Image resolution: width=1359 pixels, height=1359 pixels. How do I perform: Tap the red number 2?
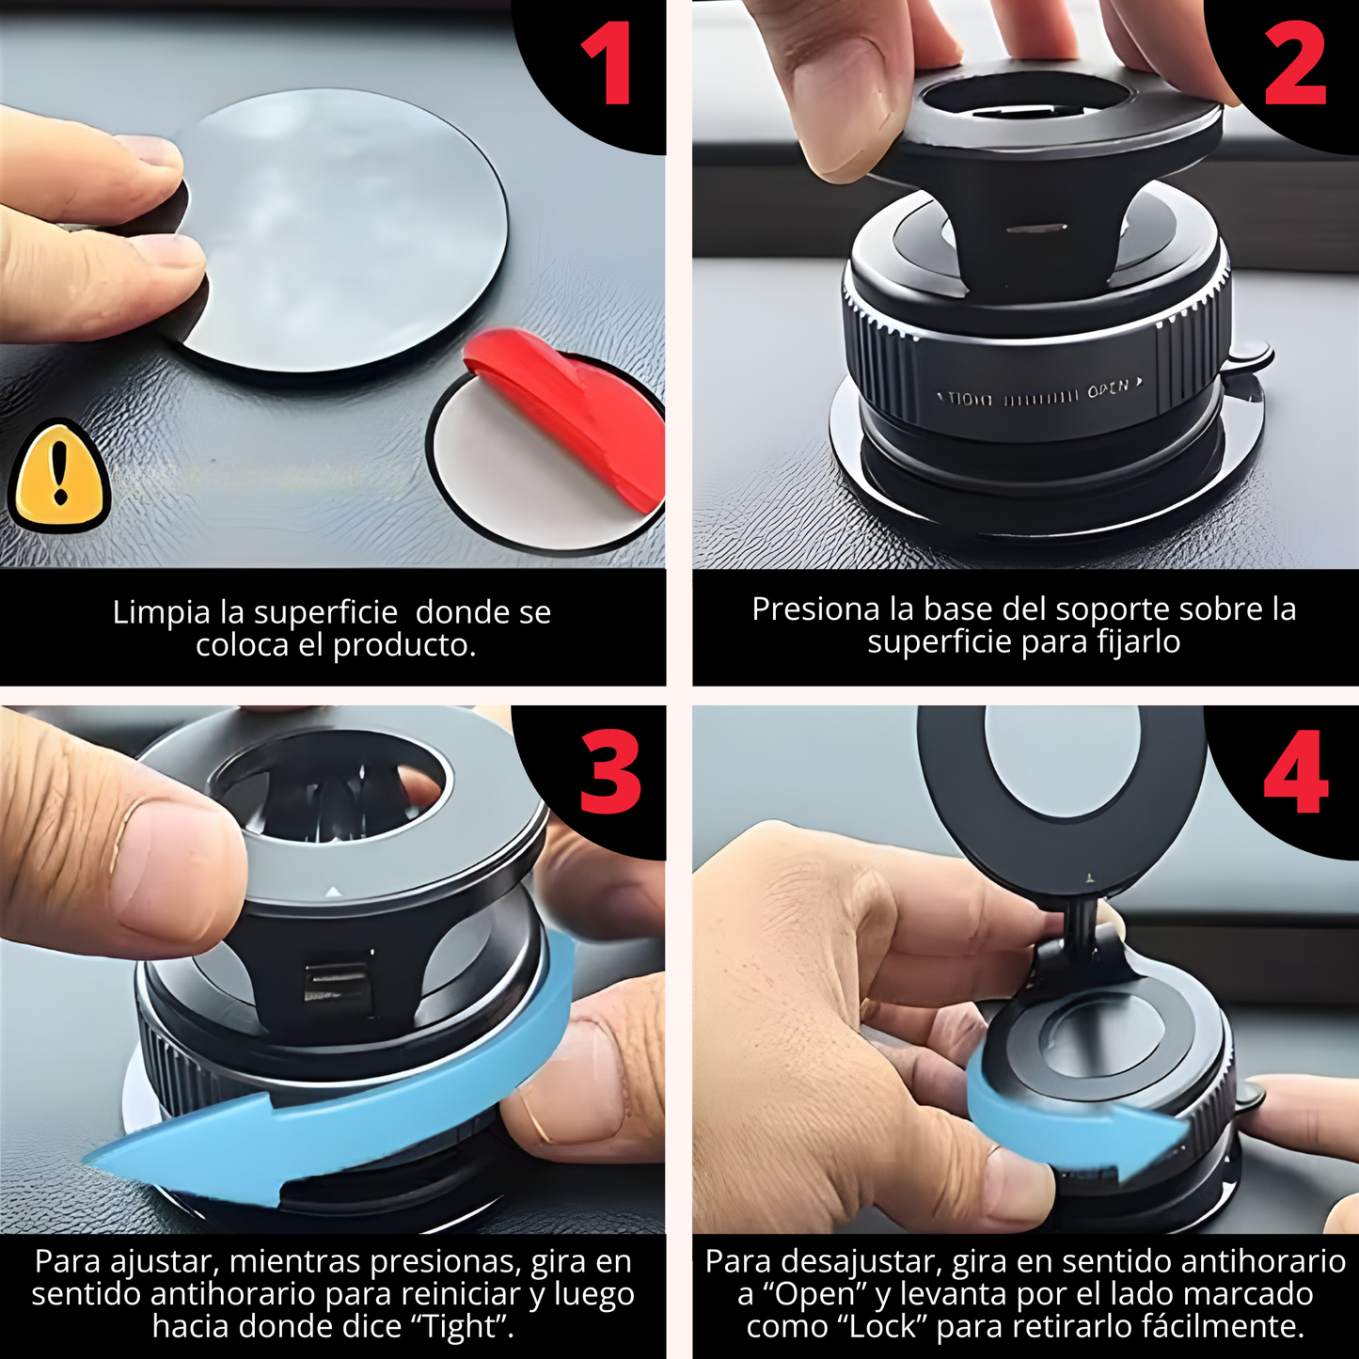tap(1295, 63)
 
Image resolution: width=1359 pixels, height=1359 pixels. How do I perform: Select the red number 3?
tap(610, 773)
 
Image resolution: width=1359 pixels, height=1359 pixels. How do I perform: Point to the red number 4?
tap(1296, 773)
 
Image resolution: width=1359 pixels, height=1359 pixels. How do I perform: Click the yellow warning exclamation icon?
tap(60, 475)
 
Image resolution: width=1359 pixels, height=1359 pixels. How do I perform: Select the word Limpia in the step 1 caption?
tap(161, 612)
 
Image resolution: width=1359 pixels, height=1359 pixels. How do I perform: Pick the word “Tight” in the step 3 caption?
tap(460, 1326)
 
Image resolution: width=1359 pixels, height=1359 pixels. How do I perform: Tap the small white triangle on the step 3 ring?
tap(333, 893)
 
